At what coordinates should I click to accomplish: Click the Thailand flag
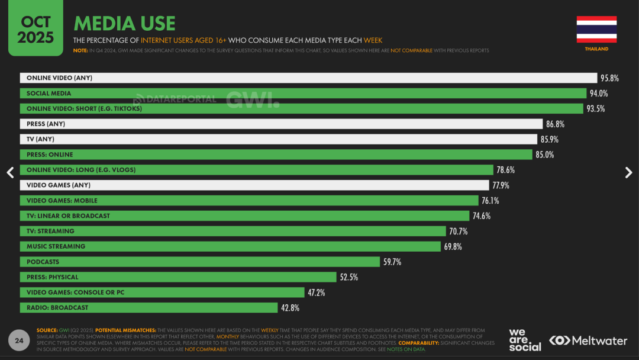tap(596, 29)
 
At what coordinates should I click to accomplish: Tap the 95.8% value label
tap(609, 78)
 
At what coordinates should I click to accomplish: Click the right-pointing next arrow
tap(628, 172)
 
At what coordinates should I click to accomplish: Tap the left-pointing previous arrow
tap(10, 172)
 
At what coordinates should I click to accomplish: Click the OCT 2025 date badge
tap(35, 30)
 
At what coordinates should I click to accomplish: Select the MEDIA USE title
tap(124, 24)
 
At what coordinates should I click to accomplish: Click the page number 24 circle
tap(19, 340)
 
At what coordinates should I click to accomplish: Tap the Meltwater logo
tap(588, 340)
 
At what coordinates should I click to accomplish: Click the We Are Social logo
tap(524, 340)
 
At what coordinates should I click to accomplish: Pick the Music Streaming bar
tap(230, 246)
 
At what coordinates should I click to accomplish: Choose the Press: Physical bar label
tap(52, 277)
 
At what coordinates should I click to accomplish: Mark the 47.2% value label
tap(316, 292)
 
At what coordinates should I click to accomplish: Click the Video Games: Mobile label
tap(62, 201)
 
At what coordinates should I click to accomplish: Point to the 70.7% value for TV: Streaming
tap(459, 231)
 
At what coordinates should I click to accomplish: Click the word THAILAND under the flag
tap(596, 49)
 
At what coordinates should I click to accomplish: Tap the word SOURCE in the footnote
tap(47, 330)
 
